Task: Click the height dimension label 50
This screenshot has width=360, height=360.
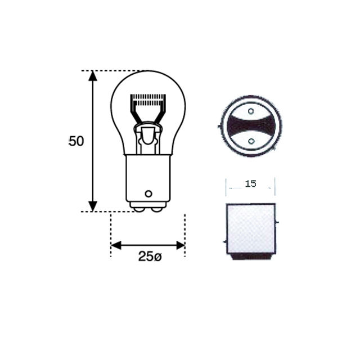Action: click(76, 141)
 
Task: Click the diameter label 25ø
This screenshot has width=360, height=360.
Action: click(150, 256)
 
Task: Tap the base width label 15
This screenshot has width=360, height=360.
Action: click(250, 184)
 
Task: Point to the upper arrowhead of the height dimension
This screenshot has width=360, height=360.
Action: click(93, 76)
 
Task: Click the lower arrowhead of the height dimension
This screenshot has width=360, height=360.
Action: click(93, 206)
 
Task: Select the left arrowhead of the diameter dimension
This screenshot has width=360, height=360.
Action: click(116, 245)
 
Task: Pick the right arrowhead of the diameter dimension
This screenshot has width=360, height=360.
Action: click(180, 245)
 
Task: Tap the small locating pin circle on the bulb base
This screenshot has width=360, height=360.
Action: click(148, 193)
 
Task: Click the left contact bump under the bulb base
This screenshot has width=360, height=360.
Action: click(139, 209)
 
